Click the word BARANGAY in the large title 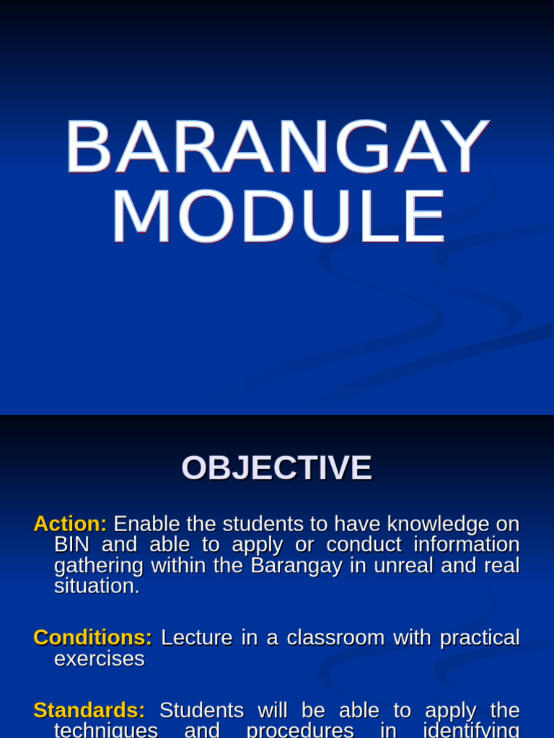point(277,147)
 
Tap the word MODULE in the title point(277,218)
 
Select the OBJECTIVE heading point(276,468)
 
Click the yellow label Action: point(70,524)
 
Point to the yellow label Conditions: point(93,638)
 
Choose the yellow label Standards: point(89,711)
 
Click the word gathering point(98,566)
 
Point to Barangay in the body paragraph point(296,566)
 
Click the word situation point(97,586)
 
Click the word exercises point(100,659)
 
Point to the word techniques point(106,730)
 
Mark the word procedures point(300,730)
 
